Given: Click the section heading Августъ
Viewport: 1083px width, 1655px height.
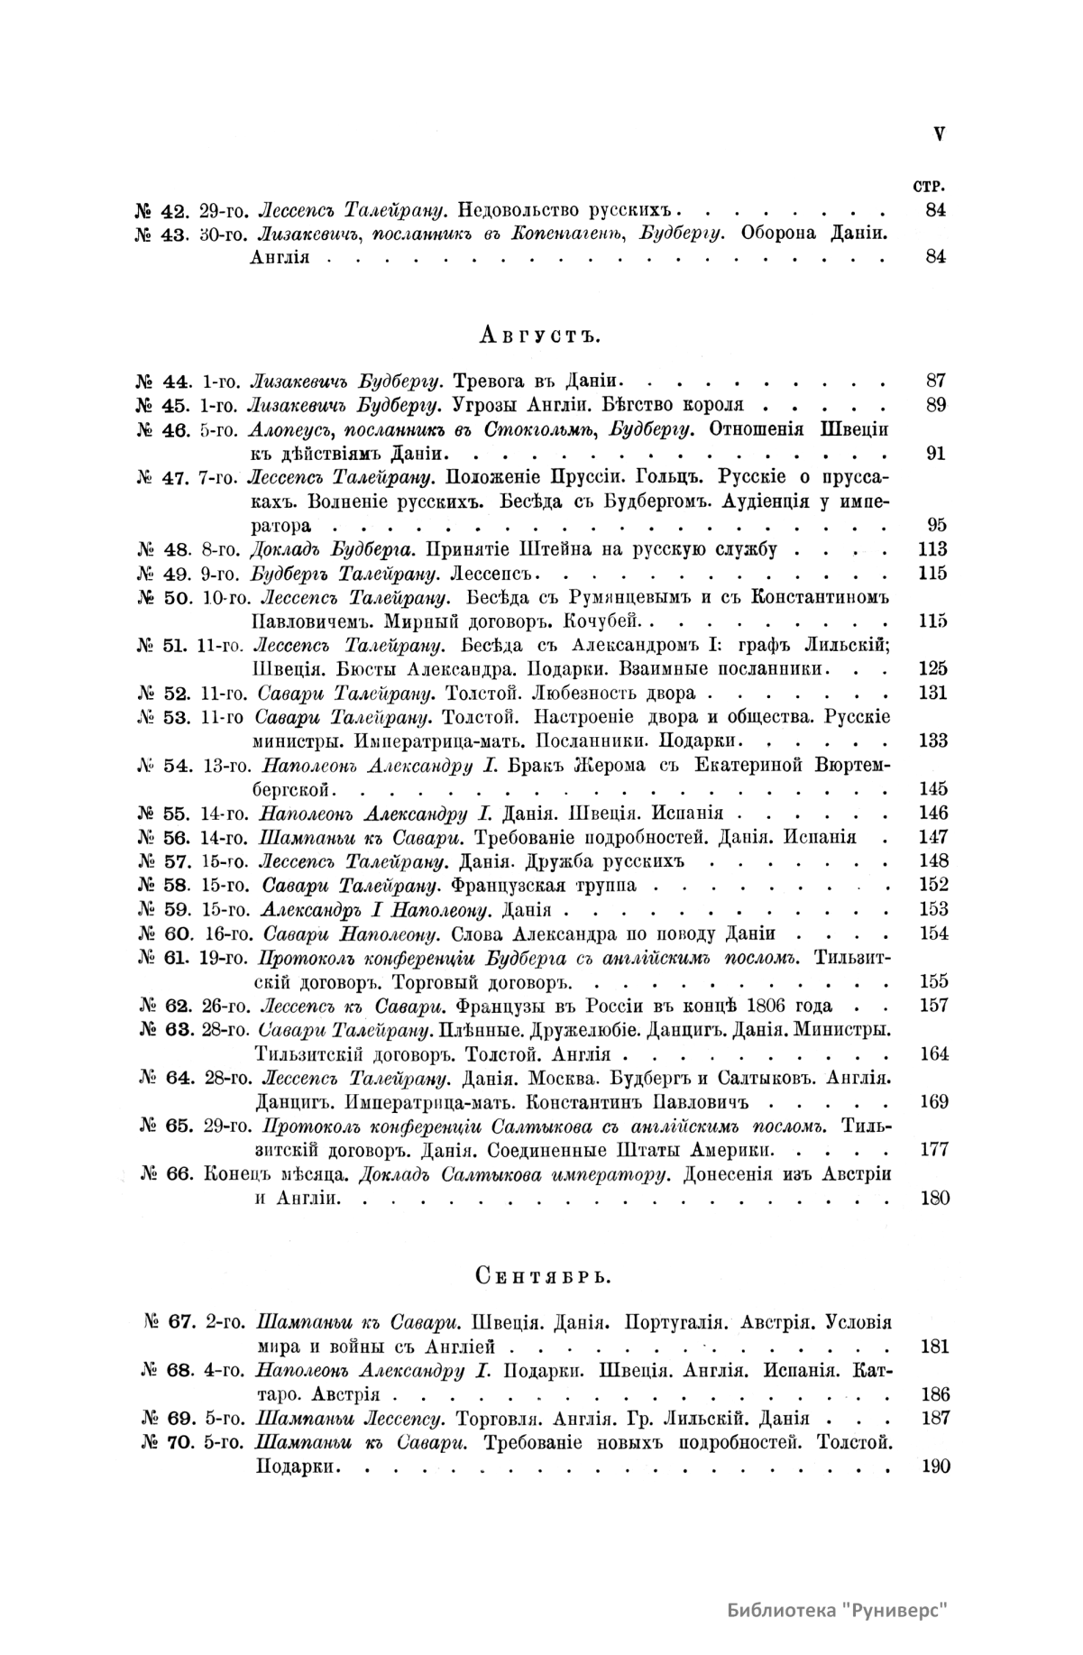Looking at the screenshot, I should (540, 336).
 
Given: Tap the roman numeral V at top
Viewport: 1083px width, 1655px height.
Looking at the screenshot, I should (939, 134).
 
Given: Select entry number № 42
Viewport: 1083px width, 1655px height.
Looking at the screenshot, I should (161, 212).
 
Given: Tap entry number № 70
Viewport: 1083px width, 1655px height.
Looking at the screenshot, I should (168, 1442).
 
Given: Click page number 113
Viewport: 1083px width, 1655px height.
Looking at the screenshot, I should (932, 549).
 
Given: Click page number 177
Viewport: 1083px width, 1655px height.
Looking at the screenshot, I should (932, 1150).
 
